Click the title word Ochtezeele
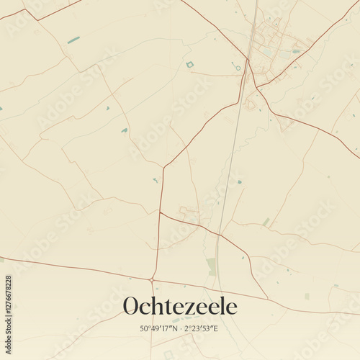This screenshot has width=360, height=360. point(179,306)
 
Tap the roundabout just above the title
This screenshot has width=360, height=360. point(152,279)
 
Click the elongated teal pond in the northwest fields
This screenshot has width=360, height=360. point(73,40)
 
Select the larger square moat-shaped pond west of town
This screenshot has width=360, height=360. point(190,65)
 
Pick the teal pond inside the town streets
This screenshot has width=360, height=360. point(296,51)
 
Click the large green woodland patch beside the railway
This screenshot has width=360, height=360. point(211,266)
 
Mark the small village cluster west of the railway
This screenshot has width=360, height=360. point(190,214)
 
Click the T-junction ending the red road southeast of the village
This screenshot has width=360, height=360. point(268,298)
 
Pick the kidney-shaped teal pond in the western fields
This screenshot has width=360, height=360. point(125,130)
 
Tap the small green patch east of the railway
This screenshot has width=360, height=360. point(266,222)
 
